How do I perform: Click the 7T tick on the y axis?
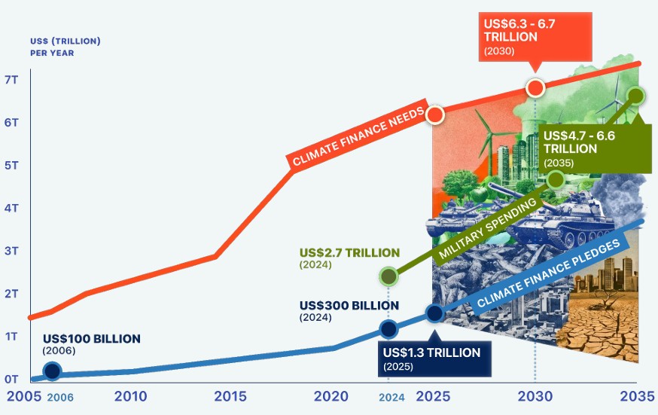[x=11, y=80]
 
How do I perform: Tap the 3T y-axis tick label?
[x=11, y=251]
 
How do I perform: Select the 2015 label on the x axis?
[x=230, y=396]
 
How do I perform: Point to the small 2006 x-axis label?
[x=60, y=398]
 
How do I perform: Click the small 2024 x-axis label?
[x=392, y=398]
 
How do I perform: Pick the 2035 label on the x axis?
[x=638, y=396]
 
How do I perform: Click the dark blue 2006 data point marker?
[x=53, y=371]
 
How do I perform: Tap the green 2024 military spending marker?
[x=388, y=276]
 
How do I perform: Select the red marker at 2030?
[x=535, y=88]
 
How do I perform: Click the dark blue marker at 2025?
[x=434, y=313]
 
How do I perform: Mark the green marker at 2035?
[x=636, y=96]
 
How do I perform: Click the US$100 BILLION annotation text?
[x=92, y=339]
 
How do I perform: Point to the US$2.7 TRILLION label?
[x=349, y=252]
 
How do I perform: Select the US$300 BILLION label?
[x=349, y=306]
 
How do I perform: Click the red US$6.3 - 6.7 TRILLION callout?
[x=535, y=38]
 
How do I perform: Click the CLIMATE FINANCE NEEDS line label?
[x=358, y=135]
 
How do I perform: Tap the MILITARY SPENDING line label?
[x=488, y=228]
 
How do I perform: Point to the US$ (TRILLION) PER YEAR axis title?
[x=65, y=47]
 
